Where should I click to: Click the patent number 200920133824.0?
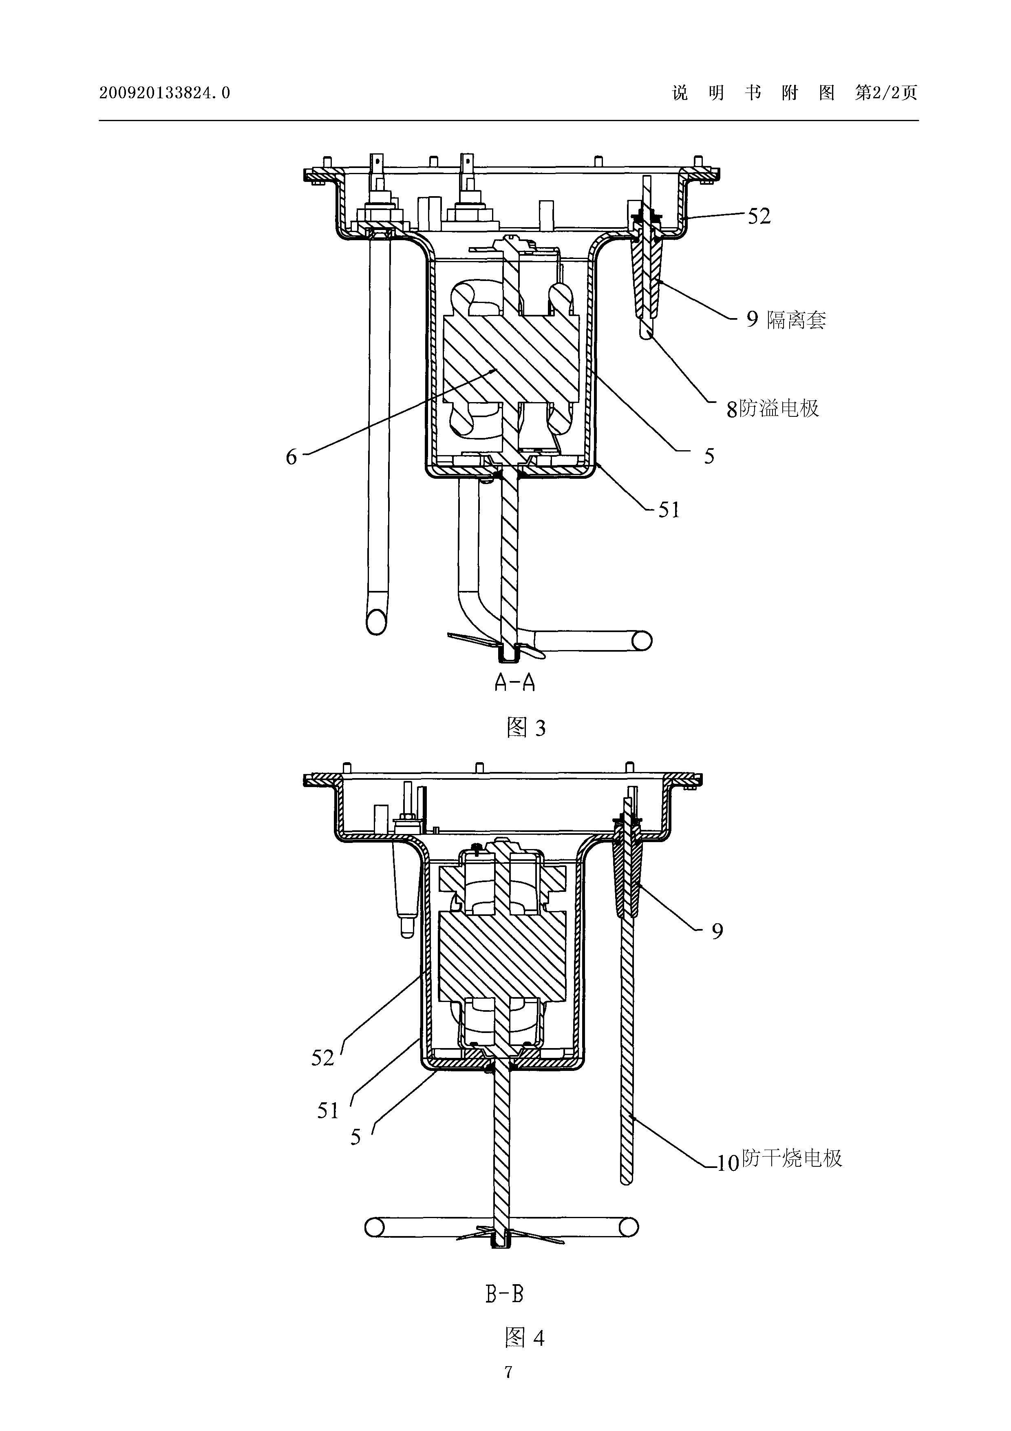[164, 93]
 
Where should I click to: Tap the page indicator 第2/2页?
[886, 93]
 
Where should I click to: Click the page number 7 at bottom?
[508, 1372]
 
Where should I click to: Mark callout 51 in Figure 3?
[669, 511]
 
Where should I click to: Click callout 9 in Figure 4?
[717, 932]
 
